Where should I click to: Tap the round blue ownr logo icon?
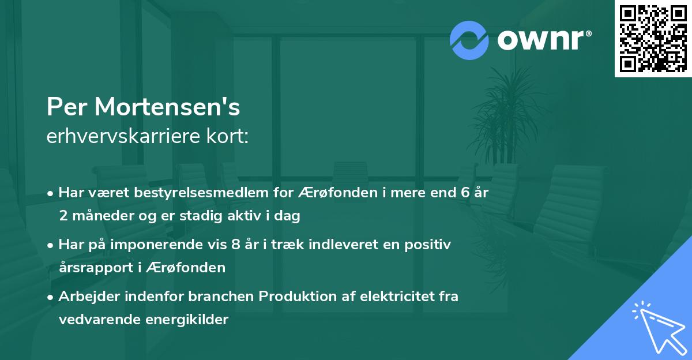pyautogui.click(x=469, y=40)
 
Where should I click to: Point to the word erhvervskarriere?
pyautogui.click(x=123, y=136)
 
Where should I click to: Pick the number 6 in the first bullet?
pyautogui.click(x=464, y=193)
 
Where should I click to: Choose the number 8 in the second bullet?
pyautogui.click(x=235, y=245)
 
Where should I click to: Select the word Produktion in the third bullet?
pyautogui.click(x=295, y=297)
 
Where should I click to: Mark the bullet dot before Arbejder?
pyautogui.click(x=51, y=297)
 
